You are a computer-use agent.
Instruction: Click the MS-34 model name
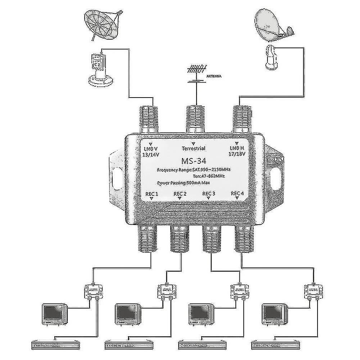(x=194, y=159)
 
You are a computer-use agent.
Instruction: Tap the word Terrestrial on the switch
(x=194, y=148)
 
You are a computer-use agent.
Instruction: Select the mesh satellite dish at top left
(x=100, y=24)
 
